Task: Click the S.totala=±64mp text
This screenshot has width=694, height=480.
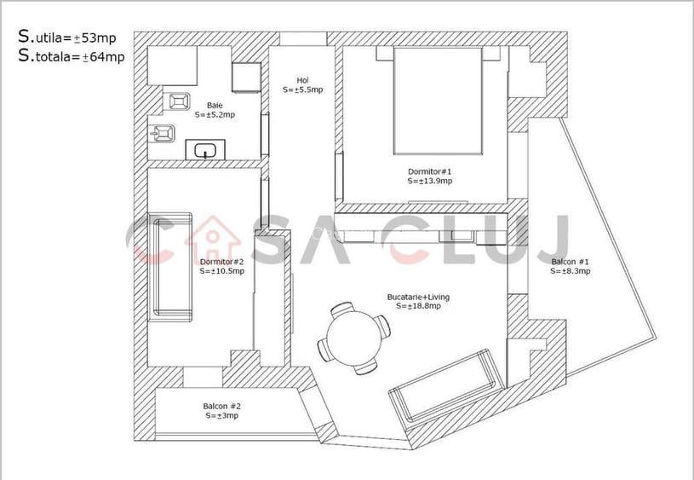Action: click(x=72, y=57)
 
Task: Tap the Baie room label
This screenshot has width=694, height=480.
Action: click(x=215, y=105)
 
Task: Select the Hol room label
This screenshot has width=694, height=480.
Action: click(x=302, y=80)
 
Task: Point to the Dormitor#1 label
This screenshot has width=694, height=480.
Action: click(x=429, y=171)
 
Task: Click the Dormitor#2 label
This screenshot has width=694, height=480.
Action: click(x=221, y=262)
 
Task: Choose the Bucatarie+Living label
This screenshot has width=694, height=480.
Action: click(x=418, y=297)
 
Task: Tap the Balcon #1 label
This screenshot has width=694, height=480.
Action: click(x=570, y=262)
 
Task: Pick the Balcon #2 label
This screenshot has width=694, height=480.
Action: click(x=221, y=406)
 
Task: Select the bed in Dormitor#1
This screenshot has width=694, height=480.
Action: click(x=438, y=100)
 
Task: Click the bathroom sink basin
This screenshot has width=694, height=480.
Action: click(x=204, y=152)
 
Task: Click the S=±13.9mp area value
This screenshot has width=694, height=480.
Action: click(x=429, y=181)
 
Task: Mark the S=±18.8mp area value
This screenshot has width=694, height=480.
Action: click(x=418, y=306)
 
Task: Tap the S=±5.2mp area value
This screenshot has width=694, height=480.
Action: click(x=215, y=114)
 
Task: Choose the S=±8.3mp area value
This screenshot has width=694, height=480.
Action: click(x=570, y=271)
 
